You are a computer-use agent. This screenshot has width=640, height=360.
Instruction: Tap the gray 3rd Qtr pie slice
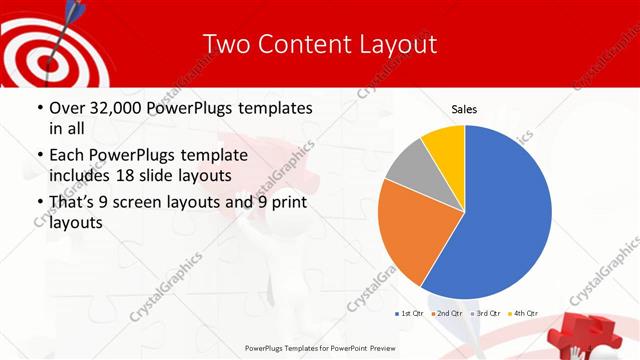[408, 170]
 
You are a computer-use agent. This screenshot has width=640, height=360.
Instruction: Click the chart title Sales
[464, 108]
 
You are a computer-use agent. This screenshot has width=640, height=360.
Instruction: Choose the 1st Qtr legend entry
[410, 314]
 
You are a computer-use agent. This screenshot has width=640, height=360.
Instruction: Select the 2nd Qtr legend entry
[446, 314]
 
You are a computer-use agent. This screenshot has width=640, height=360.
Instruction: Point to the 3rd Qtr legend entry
[485, 314]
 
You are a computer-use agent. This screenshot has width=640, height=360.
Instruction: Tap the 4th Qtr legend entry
[523, 314]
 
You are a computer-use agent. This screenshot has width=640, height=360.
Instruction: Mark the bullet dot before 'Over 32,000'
[38, 108]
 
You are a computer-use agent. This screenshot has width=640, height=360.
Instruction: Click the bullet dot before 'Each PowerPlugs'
[38, 156]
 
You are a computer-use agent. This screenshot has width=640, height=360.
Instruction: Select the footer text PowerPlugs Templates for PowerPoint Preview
[320, 348]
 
